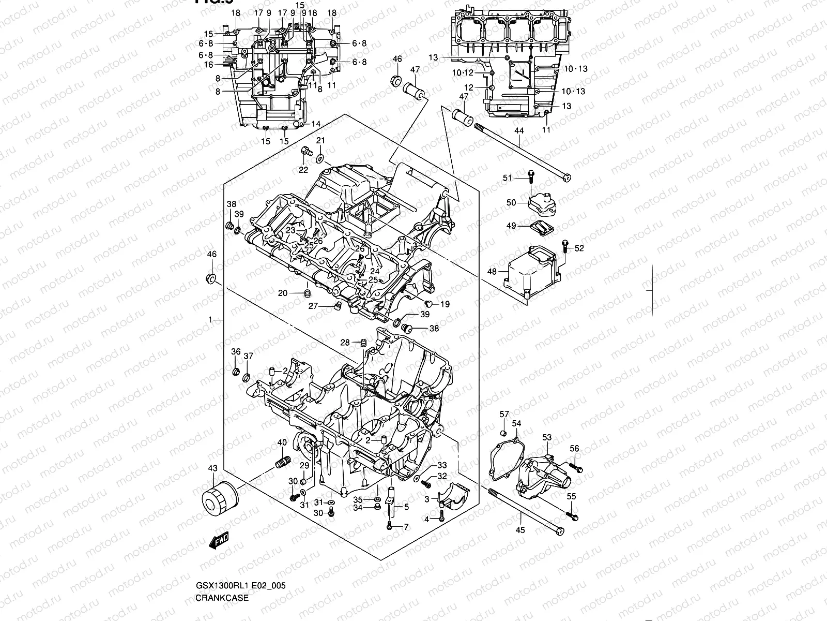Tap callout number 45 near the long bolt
[520, 530]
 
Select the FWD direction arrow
[219, 540]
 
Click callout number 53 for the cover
[547, 438]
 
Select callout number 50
[511, 202]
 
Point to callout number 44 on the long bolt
[519, 131]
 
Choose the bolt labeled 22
[305, 152]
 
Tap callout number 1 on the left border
[210, 320]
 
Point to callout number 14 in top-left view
[316, 124]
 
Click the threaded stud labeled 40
[282, 463]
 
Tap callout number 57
[504, 414]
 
